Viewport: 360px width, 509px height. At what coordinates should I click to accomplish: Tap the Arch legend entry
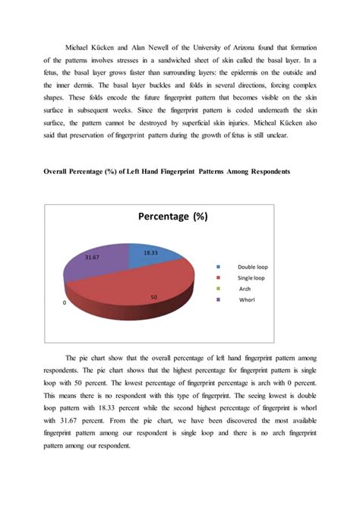[x=245, y=289]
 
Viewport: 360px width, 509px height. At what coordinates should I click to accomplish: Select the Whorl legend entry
[x=247, y=299]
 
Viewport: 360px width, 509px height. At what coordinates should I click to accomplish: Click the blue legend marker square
[x=219, y=267]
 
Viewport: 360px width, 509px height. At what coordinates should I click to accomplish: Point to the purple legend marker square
[x=219, y=299]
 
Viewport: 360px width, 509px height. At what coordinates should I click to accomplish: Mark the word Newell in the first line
[x=159, y=36]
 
